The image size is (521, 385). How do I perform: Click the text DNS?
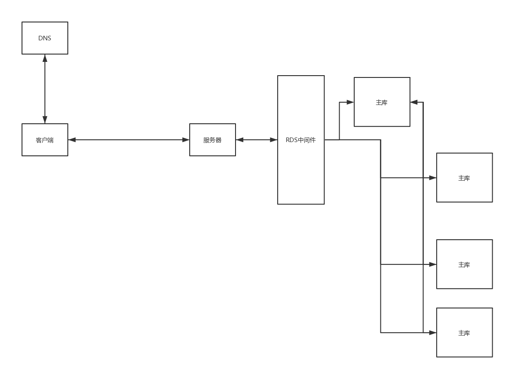coord(45,38)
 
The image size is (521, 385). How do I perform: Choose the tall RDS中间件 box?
coord(301,174)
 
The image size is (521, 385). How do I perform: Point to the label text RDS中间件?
coord(301,140)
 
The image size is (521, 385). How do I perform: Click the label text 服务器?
coord(213,140)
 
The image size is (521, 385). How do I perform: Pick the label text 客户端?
coord(45,140)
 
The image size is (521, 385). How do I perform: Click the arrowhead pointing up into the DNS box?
coord(45,58)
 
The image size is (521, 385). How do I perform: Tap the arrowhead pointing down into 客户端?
coord(45,120)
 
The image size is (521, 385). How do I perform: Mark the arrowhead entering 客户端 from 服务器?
coord(72,140)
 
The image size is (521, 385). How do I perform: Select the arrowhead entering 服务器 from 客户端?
coord(186,140)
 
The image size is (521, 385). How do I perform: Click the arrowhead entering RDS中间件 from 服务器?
coord(274,140)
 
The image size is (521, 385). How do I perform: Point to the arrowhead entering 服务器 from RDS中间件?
coord(240,140)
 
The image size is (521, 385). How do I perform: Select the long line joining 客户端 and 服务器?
coord(128,140)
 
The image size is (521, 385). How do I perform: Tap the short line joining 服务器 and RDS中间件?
coord(257,140)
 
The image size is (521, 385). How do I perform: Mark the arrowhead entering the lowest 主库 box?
coord(433,333)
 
